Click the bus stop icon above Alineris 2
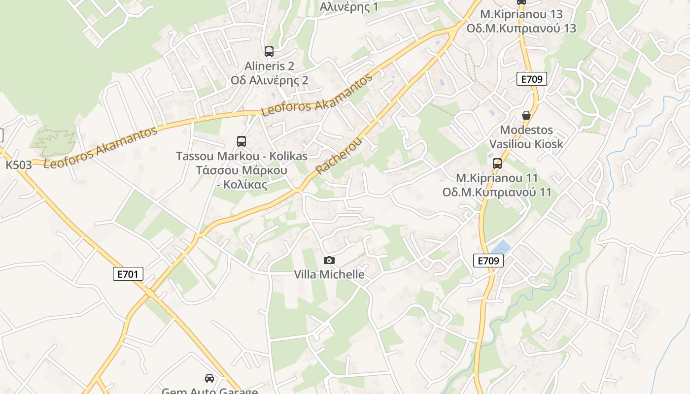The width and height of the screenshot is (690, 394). click(269, 51)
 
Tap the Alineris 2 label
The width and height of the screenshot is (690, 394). click(270, 66)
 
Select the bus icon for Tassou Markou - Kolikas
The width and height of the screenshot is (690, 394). click(241, 141)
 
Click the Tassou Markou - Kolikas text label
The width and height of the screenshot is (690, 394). click(241, 156)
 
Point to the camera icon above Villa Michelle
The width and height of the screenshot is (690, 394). click(329, 260)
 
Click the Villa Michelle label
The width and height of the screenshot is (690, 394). click(329, 274)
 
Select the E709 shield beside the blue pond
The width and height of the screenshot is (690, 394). click(488, 261)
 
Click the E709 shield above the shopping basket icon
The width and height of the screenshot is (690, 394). click(532, 79)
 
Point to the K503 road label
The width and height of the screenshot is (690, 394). click(19, 165)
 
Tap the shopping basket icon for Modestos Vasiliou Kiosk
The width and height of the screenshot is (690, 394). click(526, 115)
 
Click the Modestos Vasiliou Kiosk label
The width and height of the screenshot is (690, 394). click(526, 137)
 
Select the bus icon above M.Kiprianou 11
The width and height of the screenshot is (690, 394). click(497, 164)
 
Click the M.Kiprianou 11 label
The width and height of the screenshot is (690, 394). click(497, 178)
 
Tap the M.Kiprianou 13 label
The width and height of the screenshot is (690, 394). click(521, 14)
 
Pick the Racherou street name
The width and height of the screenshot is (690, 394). click(339, 156)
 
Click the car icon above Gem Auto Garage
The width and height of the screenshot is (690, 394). click(209, 378)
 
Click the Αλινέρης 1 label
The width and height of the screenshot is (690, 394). click(349, 7)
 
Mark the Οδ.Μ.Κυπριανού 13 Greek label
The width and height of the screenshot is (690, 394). click(521, 28)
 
